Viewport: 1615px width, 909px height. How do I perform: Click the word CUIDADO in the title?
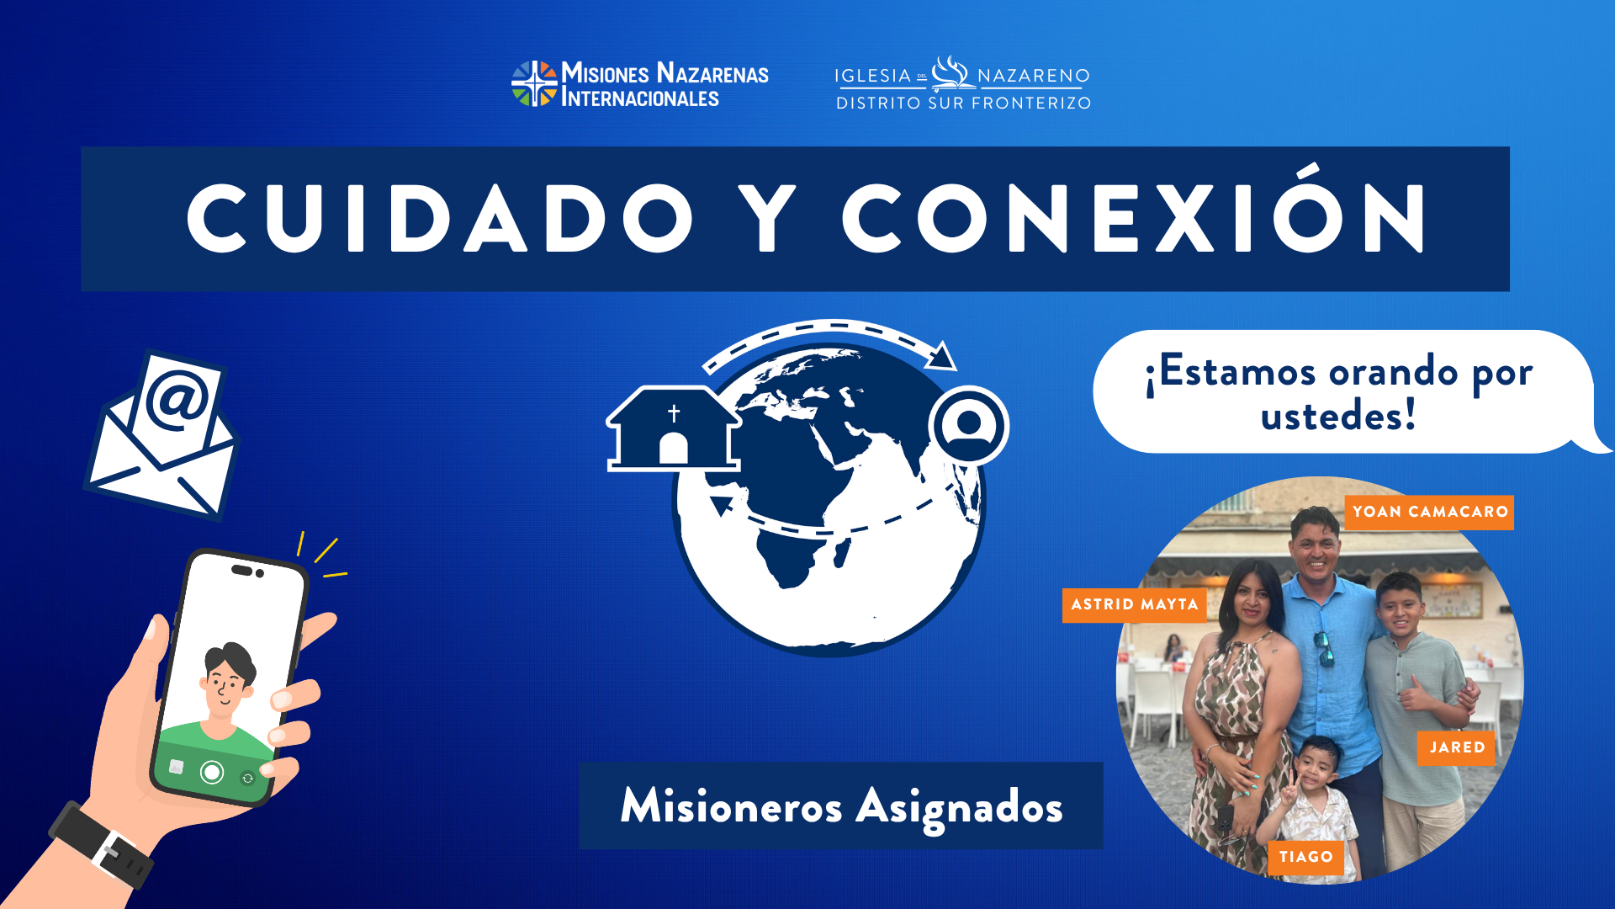439,218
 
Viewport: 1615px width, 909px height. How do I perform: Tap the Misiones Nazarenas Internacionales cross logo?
534,83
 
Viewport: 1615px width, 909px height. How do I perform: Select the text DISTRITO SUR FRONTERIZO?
963,103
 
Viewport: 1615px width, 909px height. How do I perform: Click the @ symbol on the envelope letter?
177,399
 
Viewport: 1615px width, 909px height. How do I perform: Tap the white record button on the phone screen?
212,772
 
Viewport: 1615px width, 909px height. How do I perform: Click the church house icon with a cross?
673,428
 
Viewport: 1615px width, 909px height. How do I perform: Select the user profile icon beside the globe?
969,426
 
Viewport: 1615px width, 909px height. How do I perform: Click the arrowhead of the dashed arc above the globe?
942,356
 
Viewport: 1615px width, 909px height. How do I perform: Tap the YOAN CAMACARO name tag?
1429,512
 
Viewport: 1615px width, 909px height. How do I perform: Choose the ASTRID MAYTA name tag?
1135,605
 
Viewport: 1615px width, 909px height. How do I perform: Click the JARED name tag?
1456,747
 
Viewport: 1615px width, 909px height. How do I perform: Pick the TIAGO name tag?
1305,857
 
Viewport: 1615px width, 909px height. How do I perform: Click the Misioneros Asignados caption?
841,805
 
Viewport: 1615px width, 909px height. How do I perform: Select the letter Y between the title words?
766,218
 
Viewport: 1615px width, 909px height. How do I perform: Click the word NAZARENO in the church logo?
1034,76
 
